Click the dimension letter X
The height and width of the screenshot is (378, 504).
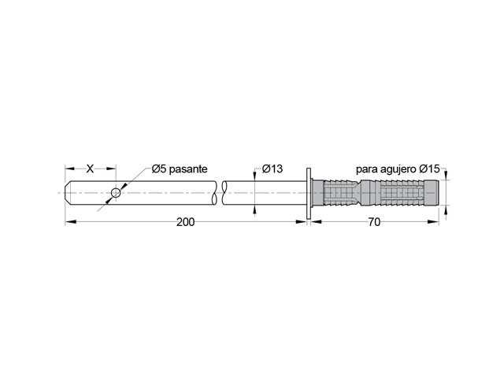pyautogui.click(x=90, y=169)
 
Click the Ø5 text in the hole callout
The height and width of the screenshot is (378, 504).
pyautogui.click(x=159, y=169)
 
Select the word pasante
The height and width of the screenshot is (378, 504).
pyautogui.click(x=188, y=169)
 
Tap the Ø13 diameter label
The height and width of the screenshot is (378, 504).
pyautogui.click(x=272, y=169)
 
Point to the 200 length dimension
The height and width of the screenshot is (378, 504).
pyautogui.click(x=186, y=222)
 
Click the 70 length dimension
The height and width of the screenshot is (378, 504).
pyautogui.click(x=374, y=222)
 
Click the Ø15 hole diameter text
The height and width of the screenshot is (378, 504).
pyautogui.click(x=429, y=169)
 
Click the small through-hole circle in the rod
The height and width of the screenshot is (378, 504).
pyautogui.click(x=116, y=193)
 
